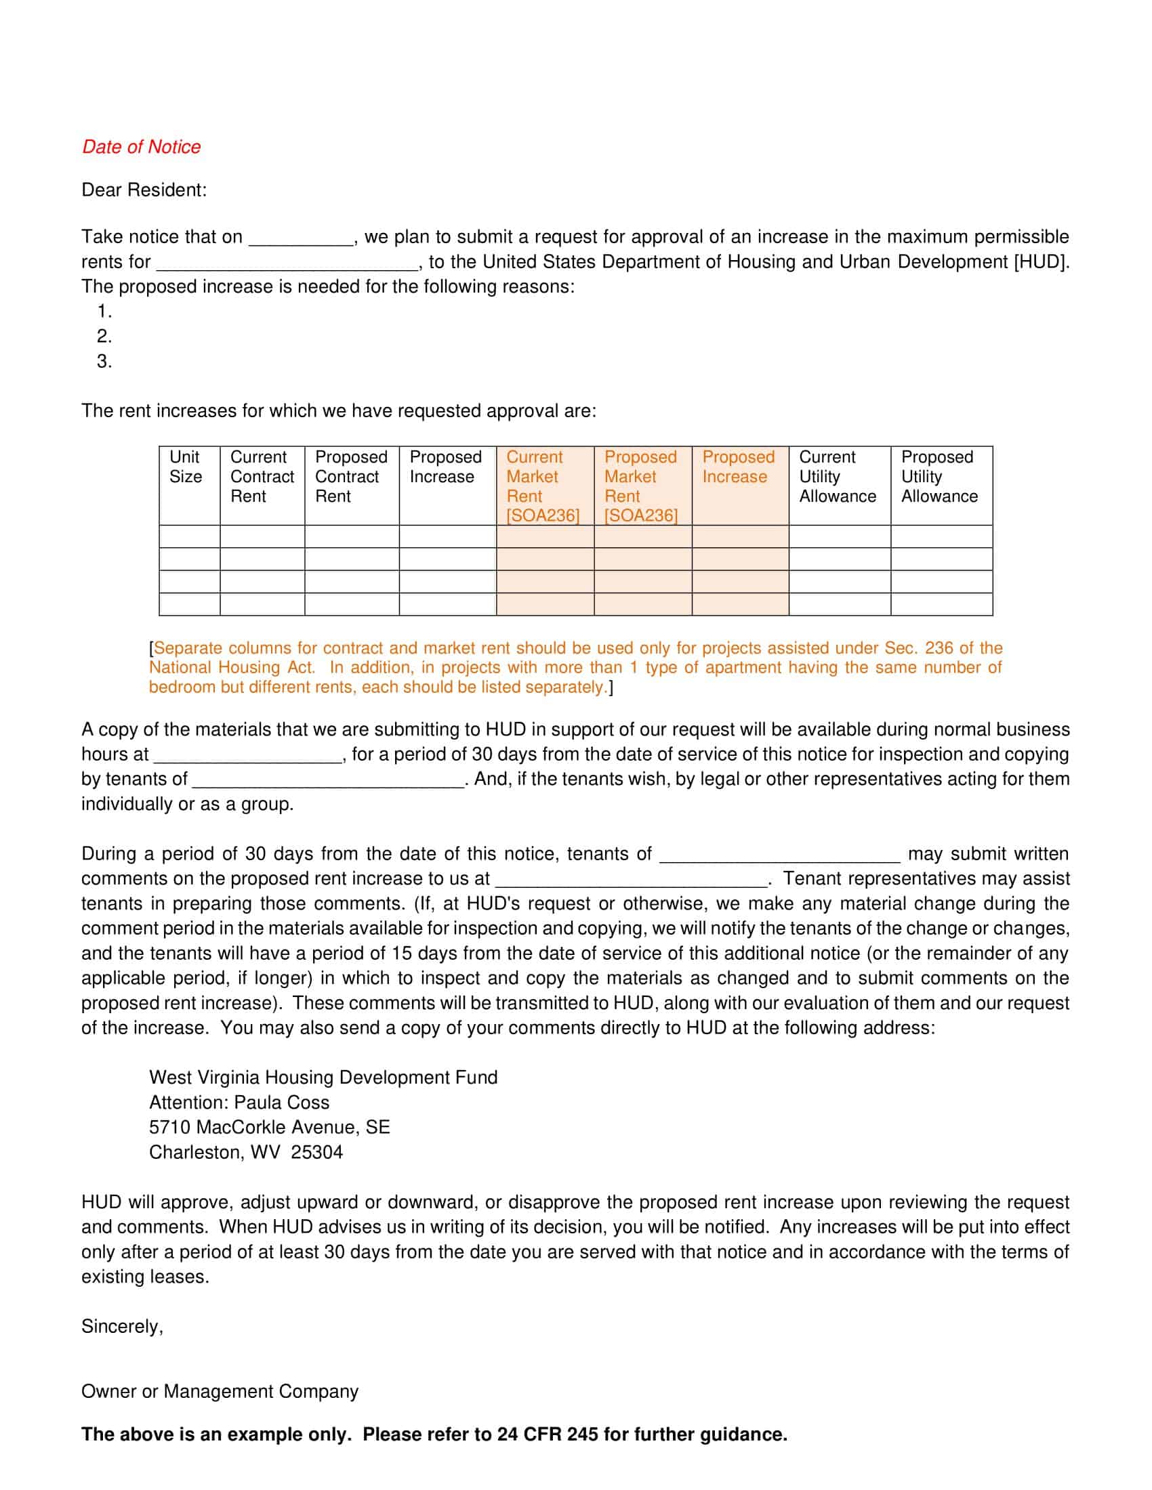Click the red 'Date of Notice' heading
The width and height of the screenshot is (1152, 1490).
141,147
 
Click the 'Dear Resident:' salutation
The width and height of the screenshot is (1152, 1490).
143,190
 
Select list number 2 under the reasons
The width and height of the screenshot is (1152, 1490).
104,337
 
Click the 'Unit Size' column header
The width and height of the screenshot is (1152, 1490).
186,467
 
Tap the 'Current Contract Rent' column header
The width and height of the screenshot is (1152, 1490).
262,476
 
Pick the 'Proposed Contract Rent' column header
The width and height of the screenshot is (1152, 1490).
351,476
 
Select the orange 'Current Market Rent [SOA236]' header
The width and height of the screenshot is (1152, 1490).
543,486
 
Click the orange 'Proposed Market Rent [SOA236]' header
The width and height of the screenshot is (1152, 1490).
641,486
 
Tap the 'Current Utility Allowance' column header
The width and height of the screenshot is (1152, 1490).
838,476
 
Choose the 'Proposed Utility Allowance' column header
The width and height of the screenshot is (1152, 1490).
939,476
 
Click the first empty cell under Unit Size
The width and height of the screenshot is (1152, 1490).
189,536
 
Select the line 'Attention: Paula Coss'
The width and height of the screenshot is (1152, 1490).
239,1103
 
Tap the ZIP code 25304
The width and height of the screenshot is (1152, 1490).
316,1152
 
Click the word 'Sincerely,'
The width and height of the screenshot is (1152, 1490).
122,1326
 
